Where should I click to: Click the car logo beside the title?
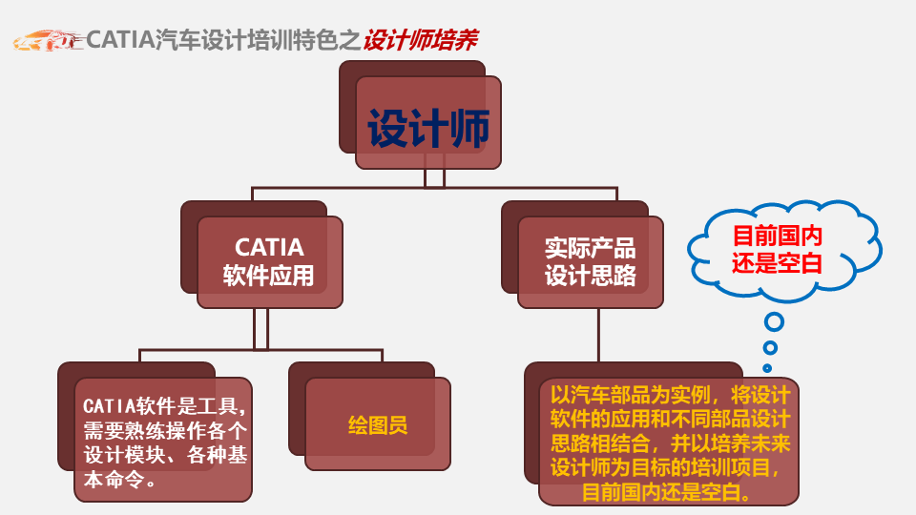[48, 41]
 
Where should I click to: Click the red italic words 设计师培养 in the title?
[420, 40]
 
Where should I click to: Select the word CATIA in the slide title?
[120, 40]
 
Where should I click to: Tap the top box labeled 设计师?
[428, 123]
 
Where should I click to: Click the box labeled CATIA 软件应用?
[270, 262]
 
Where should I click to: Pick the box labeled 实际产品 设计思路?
[590, 262]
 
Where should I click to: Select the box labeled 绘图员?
[378, 423]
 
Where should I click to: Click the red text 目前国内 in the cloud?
[777, 236]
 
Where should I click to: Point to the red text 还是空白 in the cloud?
[777, 263]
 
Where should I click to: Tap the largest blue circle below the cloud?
[774, 321]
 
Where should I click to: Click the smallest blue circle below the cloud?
[767, 368]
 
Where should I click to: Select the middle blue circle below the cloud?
[771, 348]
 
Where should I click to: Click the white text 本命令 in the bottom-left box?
[114, 480]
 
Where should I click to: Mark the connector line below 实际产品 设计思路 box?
[598, 335]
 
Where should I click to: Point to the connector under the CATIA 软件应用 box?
[261, 329]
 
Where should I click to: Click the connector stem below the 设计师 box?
[434, 178]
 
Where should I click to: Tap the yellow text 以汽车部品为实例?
[631, 395]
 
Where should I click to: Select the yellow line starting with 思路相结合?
[670, 443]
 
